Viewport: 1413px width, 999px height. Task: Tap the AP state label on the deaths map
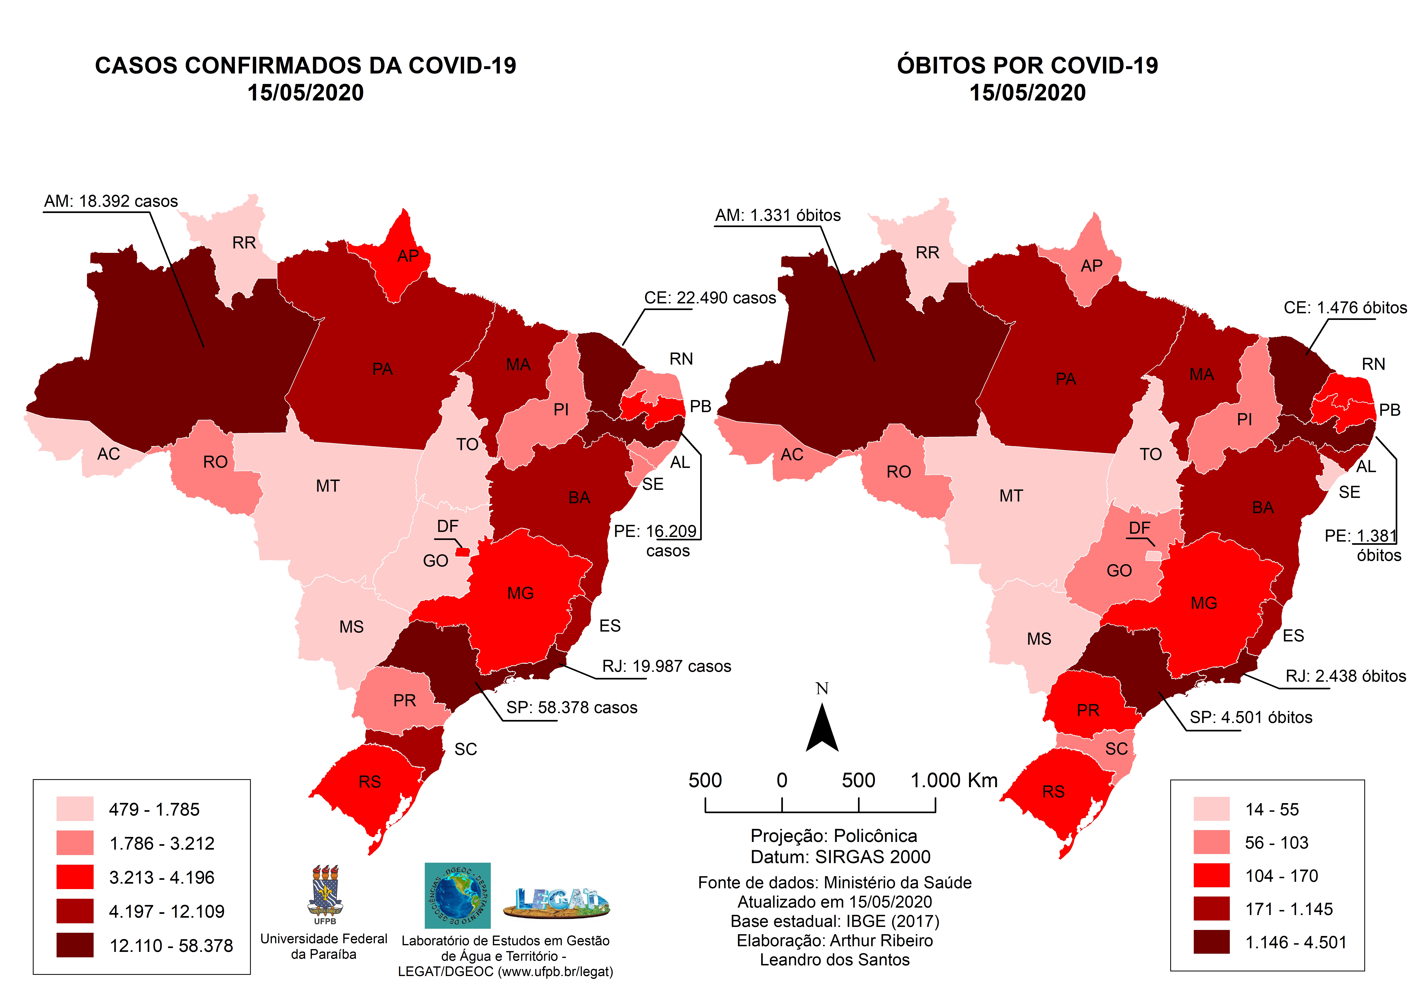pos(1091,266)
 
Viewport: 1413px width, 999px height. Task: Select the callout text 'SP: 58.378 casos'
pos(572,708)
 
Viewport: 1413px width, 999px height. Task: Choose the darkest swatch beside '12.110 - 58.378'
pos(75,945)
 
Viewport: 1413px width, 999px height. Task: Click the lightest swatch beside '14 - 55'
pos(1211,809)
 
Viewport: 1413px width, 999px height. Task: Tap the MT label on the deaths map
pos(1011,496)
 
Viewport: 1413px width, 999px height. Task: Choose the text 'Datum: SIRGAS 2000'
pos(840,857)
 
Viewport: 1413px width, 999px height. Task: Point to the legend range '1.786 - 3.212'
pos(162,843)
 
